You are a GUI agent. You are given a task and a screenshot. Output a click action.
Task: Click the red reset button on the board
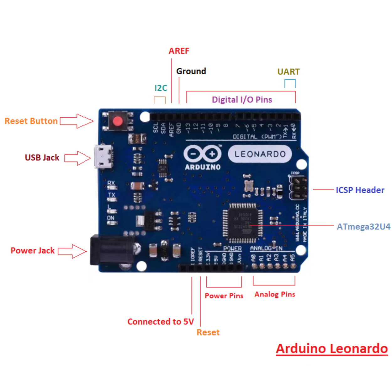point(118,121)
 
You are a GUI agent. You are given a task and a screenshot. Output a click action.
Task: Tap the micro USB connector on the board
point(103,157)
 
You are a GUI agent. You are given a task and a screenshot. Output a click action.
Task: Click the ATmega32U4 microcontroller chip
point(243,223)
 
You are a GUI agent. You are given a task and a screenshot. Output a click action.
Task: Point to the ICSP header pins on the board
point(298,188)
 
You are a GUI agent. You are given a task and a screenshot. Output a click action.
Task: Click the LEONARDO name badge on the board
point(260,154)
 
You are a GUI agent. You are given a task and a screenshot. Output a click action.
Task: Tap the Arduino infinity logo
point(203,154)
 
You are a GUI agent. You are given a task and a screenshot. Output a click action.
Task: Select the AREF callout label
point(179,51)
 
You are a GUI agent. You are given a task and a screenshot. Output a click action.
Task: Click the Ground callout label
point(191,71)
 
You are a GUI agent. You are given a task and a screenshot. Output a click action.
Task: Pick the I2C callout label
point(161,88)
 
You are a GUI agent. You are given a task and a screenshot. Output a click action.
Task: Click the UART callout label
point(288,72)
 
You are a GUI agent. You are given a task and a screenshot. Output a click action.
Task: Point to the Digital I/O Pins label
point(242,100)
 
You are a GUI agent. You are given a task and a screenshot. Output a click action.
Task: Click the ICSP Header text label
point(360,190)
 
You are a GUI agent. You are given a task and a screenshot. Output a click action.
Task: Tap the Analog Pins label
point(275,294)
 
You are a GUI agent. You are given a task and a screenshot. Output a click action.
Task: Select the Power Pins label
point(224,296)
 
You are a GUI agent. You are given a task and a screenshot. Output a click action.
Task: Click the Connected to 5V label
point(161,322)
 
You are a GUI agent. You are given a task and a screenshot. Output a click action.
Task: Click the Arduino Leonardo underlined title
point(332,349)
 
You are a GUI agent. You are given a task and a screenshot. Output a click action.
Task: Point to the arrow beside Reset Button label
point(77,121)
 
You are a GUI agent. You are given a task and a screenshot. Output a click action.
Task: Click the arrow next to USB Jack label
point(78,158)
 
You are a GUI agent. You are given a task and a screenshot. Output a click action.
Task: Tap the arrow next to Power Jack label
point(72,251)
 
